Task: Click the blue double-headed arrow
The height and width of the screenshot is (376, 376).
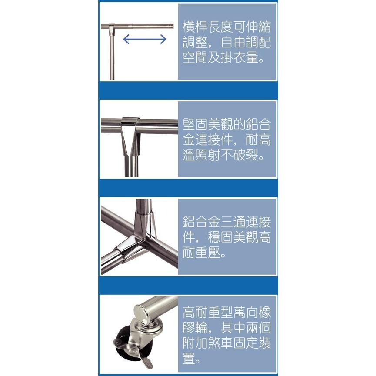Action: pyautogui.click(x=144, y=40)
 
